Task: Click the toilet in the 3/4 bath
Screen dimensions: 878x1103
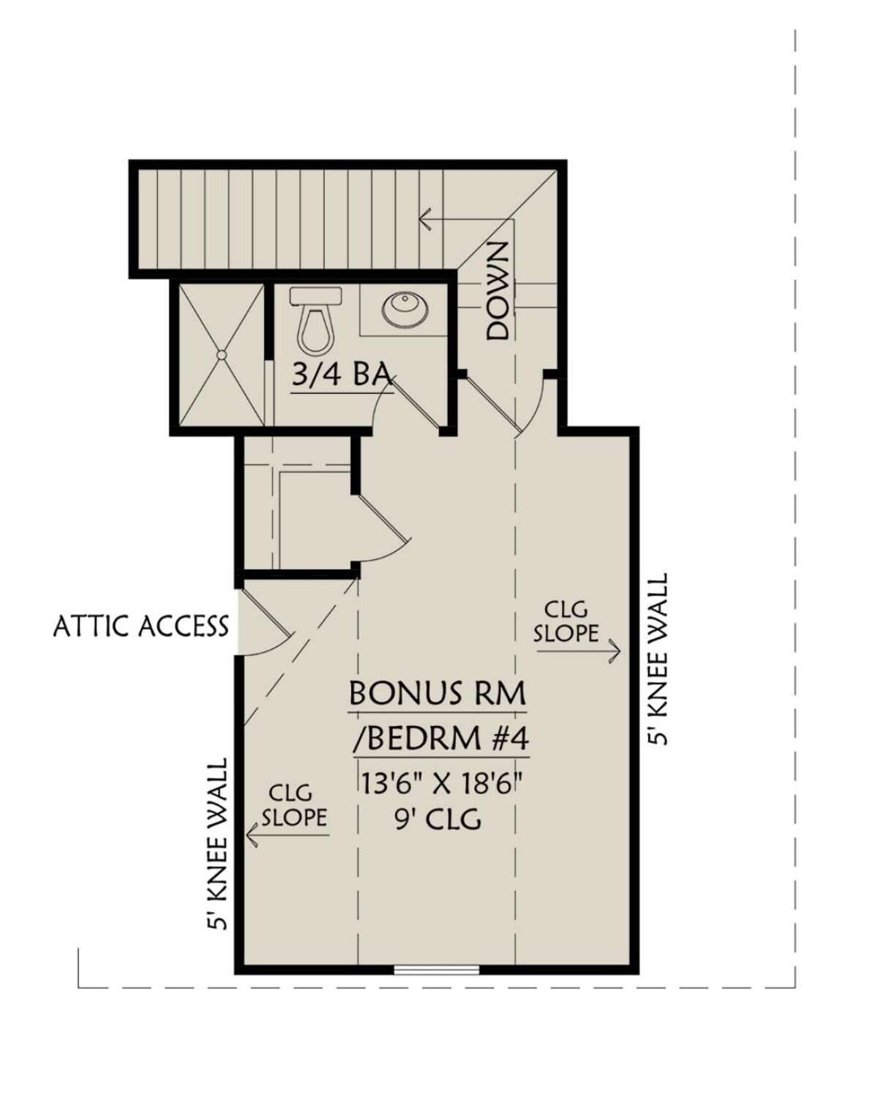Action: point(315,320)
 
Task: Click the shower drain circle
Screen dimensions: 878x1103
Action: point(222,354)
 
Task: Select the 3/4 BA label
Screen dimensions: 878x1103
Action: point(342,375)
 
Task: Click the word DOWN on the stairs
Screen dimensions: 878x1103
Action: point(498,291)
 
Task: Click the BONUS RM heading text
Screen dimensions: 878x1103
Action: point(438,693)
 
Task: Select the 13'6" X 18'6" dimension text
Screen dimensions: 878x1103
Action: point(438,783)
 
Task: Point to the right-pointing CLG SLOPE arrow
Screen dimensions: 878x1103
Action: point(579,651)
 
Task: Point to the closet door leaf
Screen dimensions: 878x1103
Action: point(384,517)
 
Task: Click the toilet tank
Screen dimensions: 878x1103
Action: point(315,296)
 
